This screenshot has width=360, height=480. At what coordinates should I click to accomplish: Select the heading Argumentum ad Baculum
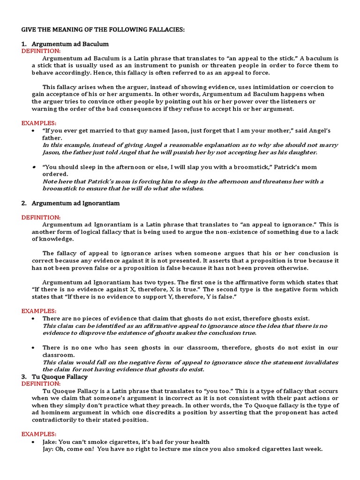click(70, 44)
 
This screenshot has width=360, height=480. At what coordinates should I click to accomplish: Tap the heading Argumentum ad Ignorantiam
click(75, 203)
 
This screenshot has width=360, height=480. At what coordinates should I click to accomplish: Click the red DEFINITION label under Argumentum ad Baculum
click(41, 51)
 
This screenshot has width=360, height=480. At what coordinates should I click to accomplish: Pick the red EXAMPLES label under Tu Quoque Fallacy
click(39, 434)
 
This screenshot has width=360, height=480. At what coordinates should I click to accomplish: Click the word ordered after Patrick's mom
click(56, 174)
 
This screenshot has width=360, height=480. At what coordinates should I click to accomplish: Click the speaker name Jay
click(49, 449)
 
